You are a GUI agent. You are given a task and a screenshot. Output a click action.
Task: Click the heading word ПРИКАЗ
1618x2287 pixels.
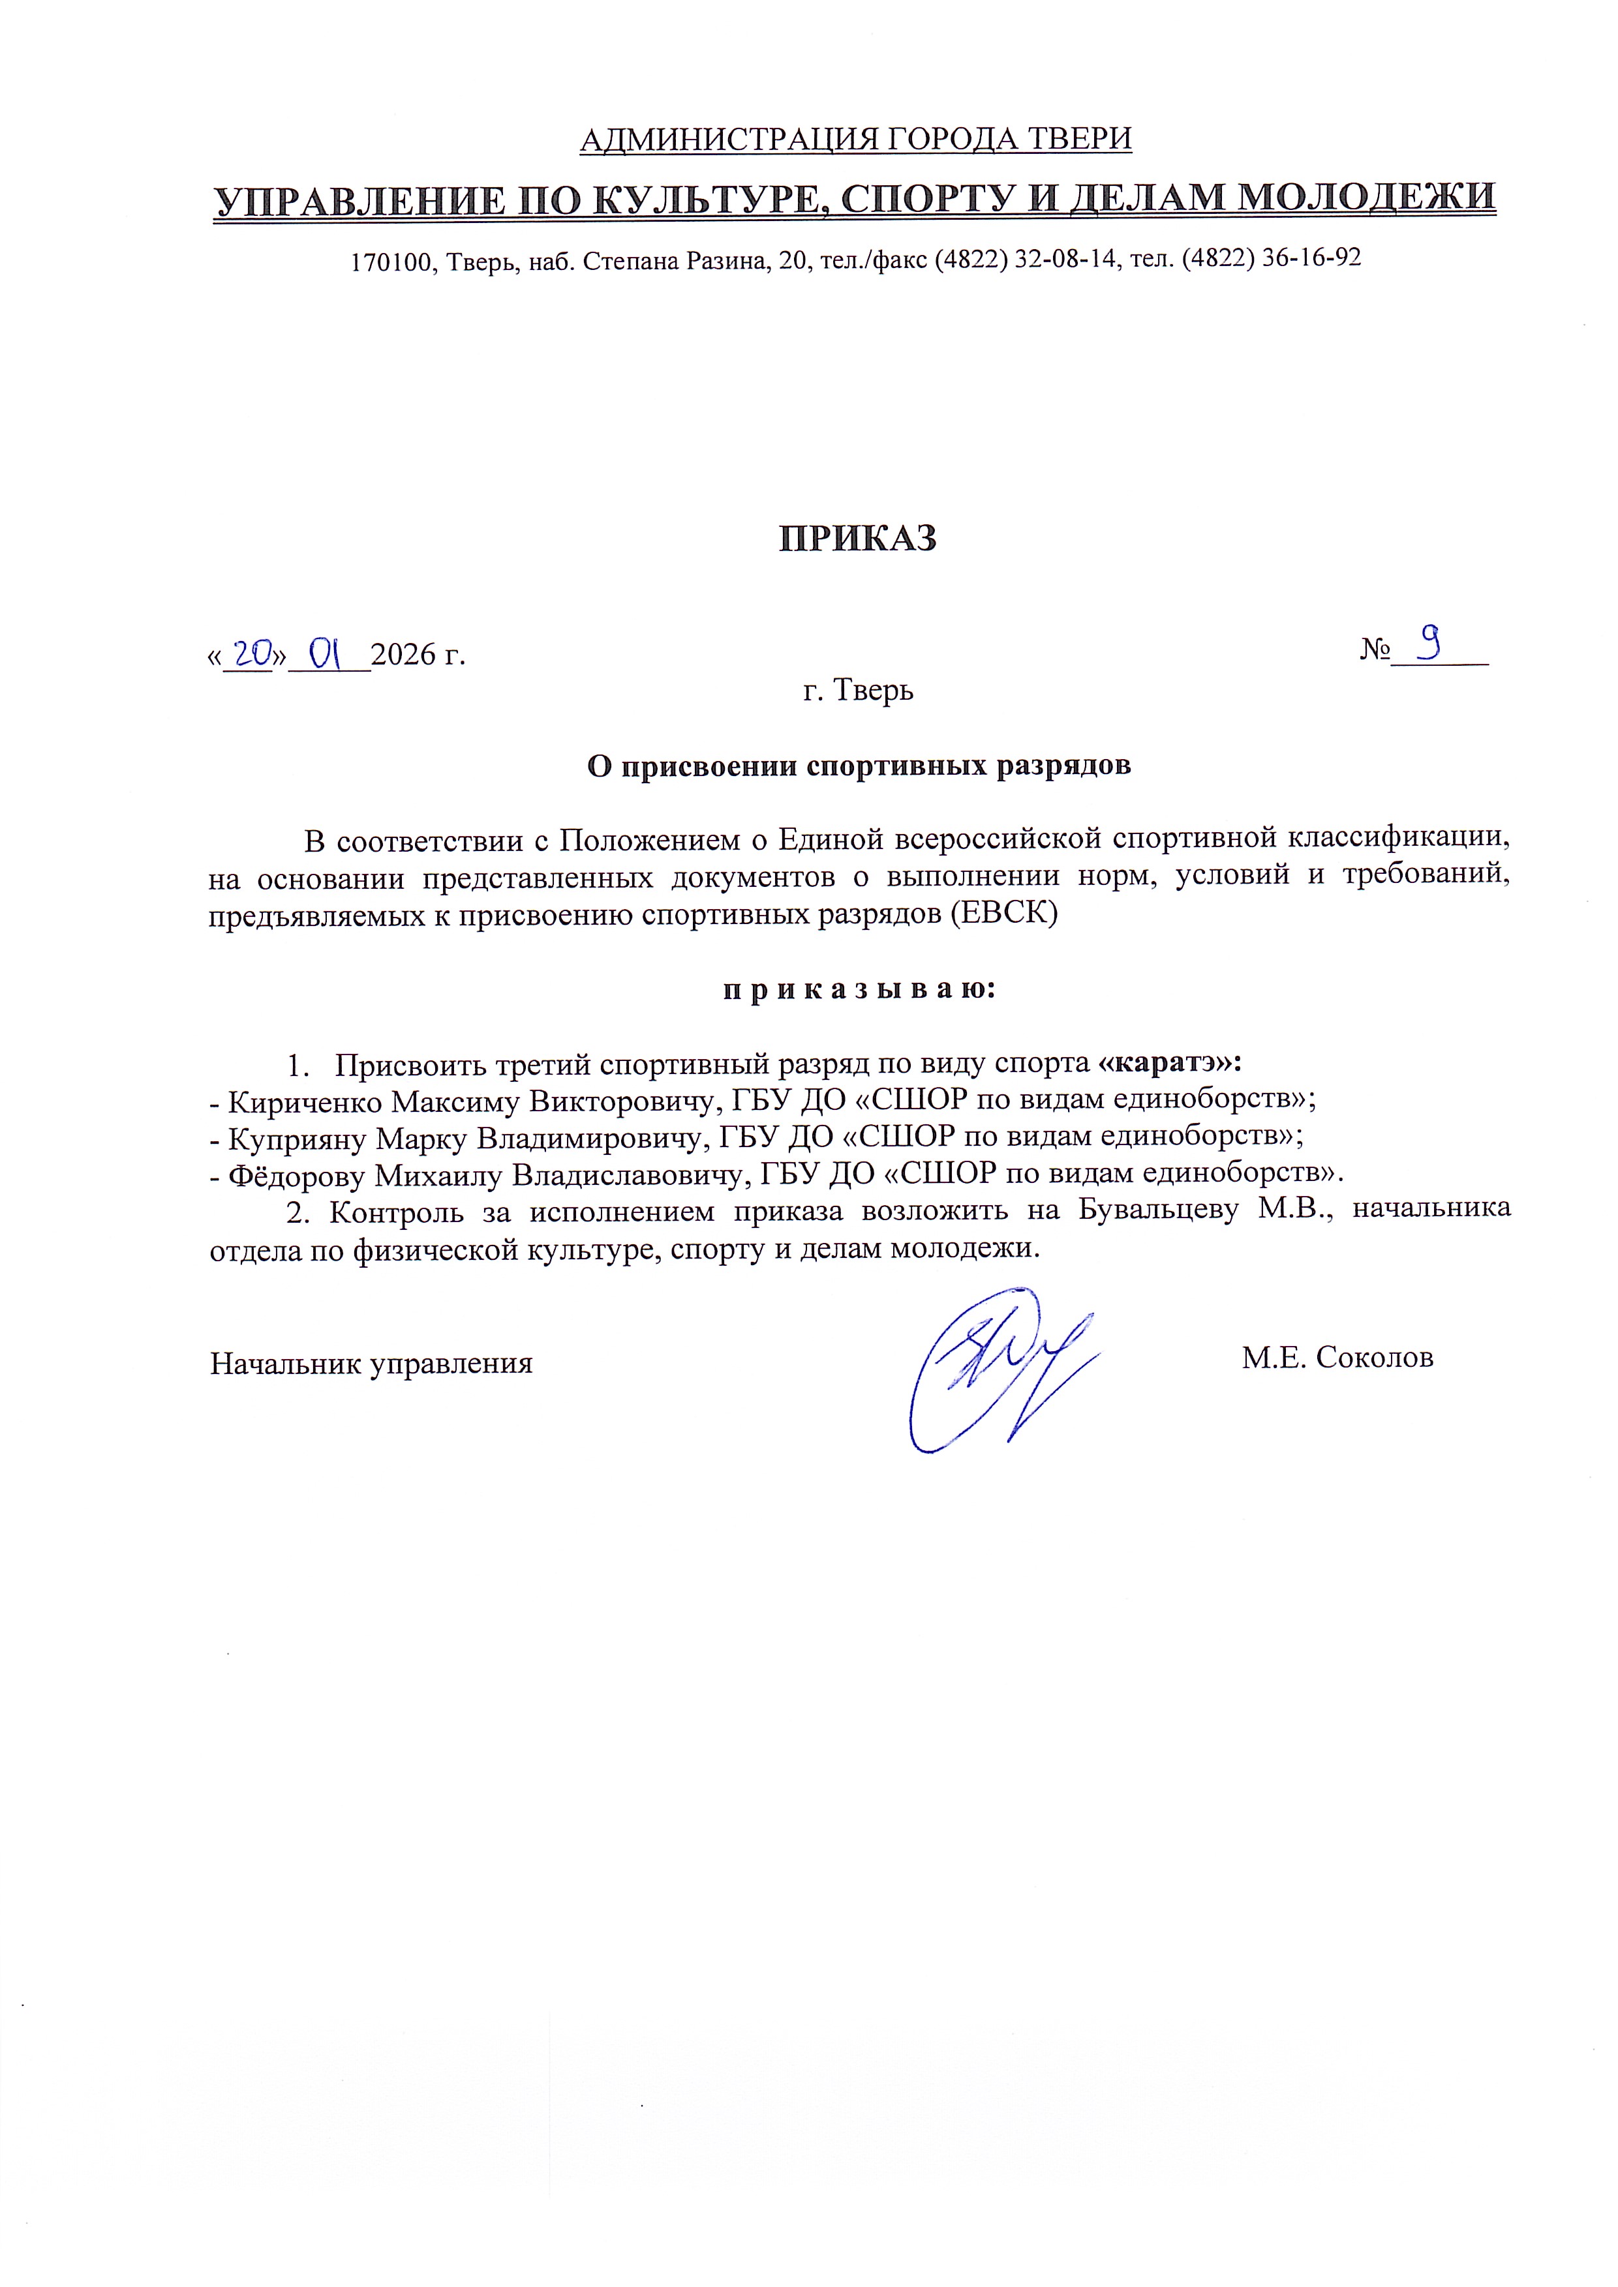point(857,539)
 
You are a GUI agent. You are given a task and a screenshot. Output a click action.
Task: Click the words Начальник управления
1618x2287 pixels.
point(371,1363)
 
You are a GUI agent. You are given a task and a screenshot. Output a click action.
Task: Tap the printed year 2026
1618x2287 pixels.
point(403,655)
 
